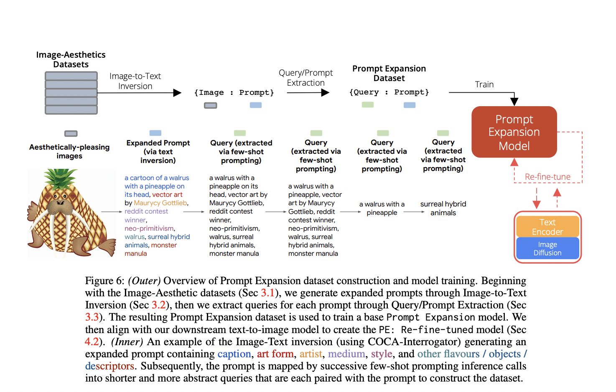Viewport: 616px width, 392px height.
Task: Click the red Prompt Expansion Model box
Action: pyautogui.click(x=514, y=132)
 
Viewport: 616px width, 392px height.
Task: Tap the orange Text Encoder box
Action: pyautogui.click(x=547, y=227)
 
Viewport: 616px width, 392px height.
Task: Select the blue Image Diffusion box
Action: pyautogui.click(x=547, y=248)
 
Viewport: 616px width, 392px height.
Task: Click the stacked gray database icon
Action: pyautogui.click(x=71, y=93)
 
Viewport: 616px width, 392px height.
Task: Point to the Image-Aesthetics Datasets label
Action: pyautogui.click(x=71, y=59)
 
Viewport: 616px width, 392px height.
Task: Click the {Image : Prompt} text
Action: pyautogui.click(x=234, y=92)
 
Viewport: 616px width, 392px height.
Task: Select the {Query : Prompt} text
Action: pyautogui.click(x=389, y=92)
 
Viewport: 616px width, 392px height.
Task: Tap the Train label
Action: pyautogui.click(x=484, y=84)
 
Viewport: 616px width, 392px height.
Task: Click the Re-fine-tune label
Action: pyautogui.click(x=547, y=177)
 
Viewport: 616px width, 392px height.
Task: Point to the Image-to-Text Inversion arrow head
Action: pyautogui.click(x=178, y=92)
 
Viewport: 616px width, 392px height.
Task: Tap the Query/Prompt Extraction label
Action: pyautogui.click(x=305, y=78)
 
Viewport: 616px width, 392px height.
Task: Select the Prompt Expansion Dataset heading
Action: pyautogui.click(x=389, y=73)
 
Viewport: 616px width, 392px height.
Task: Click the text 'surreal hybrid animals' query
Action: pyautogui.click(x=443, y=208)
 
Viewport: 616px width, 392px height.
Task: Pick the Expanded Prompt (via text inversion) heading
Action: pyautogui.click(x=158, y=151)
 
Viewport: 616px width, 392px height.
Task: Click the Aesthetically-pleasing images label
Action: pyautogui.click(x=69, y=151)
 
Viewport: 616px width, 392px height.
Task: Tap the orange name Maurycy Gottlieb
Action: pyautogui.click(x=160, y=203)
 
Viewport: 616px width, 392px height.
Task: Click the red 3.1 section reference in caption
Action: pyautogui.click(x=267, y=293)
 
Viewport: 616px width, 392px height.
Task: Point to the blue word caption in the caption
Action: pyautogui.click(x=234, y=354)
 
